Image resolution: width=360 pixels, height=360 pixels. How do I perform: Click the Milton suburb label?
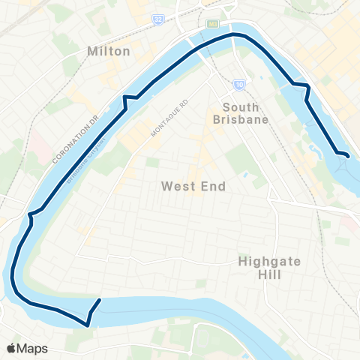109,51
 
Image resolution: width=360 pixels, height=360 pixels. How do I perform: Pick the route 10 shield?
238,83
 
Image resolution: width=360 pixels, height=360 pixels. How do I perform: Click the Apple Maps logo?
28,348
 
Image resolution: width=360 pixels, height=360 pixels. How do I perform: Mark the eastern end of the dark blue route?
349,155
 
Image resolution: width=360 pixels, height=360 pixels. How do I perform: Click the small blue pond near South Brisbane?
244,175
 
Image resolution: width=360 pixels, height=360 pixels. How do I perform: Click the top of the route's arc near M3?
236,34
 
